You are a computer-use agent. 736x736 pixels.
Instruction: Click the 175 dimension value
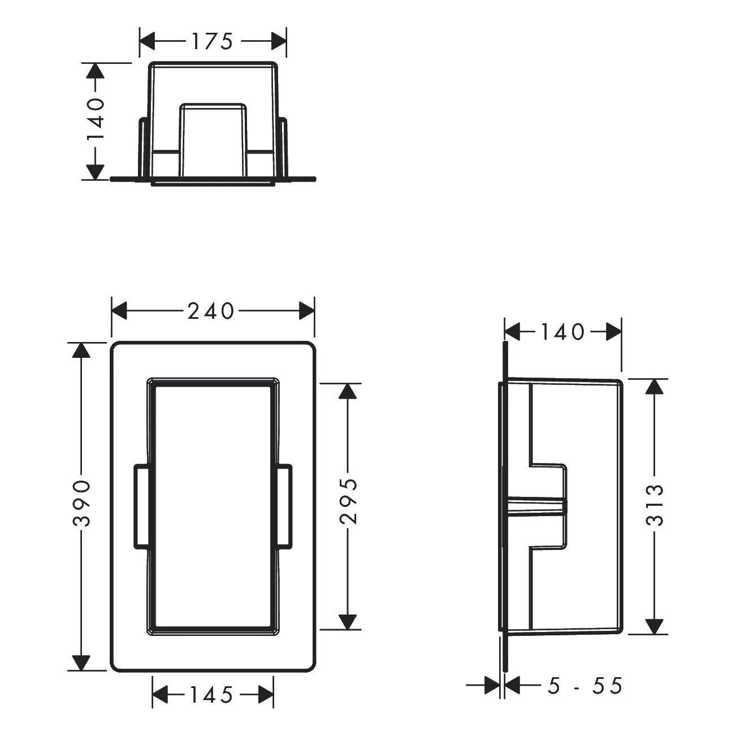coord(212,42)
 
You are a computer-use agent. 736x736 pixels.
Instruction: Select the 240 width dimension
coord(210,311)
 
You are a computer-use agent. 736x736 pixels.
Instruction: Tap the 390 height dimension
coord(83,503)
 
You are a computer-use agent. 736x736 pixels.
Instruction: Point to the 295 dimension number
coord(350,501)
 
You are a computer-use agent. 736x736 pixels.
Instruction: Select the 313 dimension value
coord(655,505)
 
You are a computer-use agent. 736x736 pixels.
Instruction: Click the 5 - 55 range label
coord(585,686)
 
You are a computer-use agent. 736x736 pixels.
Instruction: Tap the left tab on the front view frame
coord(141,506)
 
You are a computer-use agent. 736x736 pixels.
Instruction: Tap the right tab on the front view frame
coord(284,506)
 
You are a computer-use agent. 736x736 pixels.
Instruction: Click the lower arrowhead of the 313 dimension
coord(655,626)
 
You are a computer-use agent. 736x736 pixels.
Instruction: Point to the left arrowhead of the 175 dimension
coord(148,41)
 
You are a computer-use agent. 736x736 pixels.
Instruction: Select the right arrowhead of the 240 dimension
coord(306,310)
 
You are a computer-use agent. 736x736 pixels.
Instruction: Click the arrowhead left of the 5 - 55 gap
coord(492,686)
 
